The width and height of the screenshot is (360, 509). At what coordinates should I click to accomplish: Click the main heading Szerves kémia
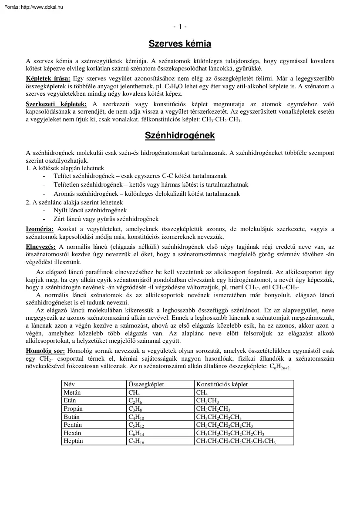pos(180,44)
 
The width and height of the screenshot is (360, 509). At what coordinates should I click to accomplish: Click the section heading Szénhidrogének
pos(180,136)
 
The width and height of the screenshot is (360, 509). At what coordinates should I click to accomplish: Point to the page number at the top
pos(180,27)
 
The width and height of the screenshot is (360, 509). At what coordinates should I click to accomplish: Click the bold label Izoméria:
pos(40,229)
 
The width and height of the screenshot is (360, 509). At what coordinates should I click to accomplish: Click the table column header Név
pos(69,384)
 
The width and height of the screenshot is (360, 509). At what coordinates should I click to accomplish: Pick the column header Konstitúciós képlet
pos(222,384)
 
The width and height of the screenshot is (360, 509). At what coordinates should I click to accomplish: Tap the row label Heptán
pos(73,441)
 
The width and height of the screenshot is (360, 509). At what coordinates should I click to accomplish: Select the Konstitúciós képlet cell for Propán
pos(213,409)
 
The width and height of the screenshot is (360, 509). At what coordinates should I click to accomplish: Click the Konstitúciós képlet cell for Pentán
pos(224,425)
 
